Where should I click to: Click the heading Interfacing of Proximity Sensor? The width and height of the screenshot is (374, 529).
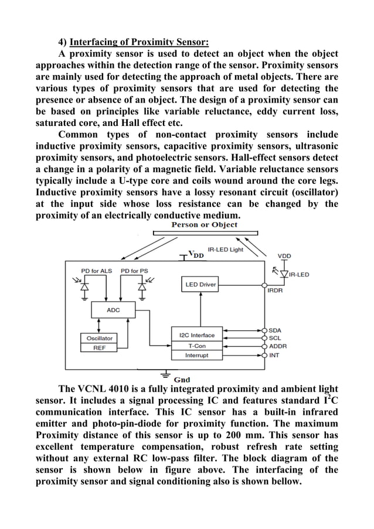click(139, 42)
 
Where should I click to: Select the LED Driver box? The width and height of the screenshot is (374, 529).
click(200, 285)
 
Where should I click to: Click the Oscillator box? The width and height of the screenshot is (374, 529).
click(99, 338)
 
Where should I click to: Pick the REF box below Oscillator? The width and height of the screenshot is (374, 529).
click(99, 347)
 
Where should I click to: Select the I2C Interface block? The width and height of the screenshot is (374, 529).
click(196, 335)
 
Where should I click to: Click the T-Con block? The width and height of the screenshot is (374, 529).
click(196, 346)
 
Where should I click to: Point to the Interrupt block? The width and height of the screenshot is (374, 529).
click(196, 355)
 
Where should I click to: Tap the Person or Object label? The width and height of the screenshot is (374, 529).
click(204, 225)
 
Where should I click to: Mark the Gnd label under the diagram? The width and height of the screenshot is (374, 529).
click(182, 379)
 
